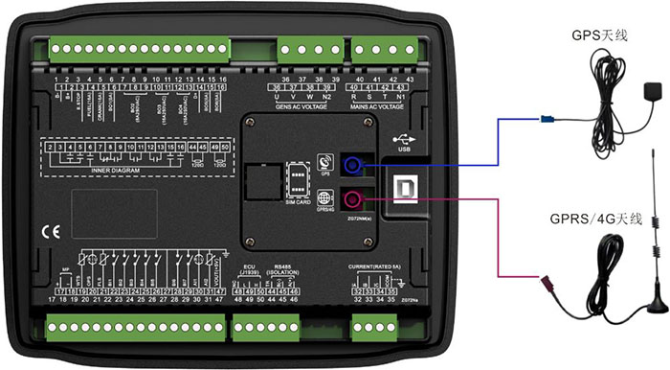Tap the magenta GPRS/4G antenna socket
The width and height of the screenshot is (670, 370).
(x=352, y=199)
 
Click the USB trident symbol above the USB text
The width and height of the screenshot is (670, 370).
(x=402, y=137)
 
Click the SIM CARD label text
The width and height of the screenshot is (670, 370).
(x=298, y=202)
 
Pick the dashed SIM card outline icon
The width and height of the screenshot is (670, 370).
(x=298, y=180)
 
